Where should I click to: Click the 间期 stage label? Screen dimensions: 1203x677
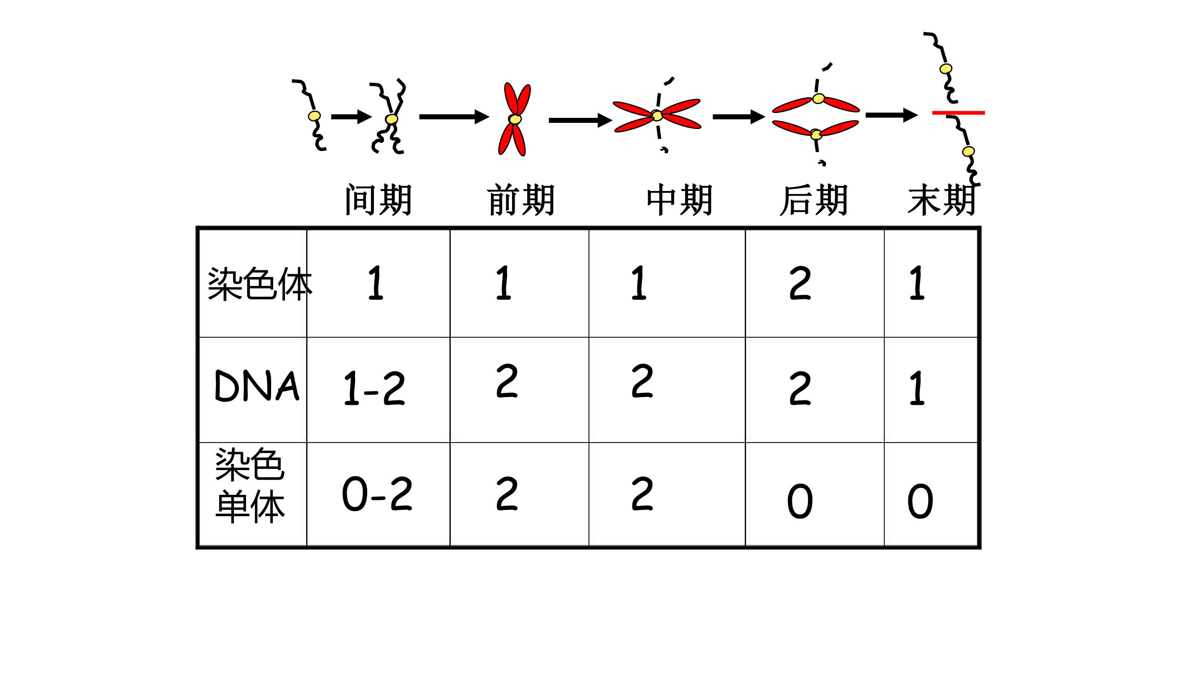tap(378, 200)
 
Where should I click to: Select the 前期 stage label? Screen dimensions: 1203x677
tap(521, 200)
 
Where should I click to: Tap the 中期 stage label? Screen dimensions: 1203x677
tap(680, 200)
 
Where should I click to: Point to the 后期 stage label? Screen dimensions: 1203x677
tap(814, 200)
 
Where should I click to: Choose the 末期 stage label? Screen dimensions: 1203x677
tap(942, 200)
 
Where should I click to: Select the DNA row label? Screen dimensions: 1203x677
tap(257, 386)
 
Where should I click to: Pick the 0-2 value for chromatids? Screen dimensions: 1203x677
tap(377, 494)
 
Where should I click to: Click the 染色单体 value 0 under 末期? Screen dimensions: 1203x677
tap(920, 501)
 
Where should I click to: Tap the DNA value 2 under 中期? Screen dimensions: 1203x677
tap(642, 381)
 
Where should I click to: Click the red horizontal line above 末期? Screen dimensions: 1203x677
tap(958, 112)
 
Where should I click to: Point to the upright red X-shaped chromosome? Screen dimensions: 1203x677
tap(515, 119)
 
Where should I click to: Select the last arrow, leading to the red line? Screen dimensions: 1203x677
tap(892, 115)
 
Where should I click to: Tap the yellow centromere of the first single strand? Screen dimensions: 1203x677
tap(314, 116)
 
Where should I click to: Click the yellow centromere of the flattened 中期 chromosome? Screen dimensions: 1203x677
tap(657, 115)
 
